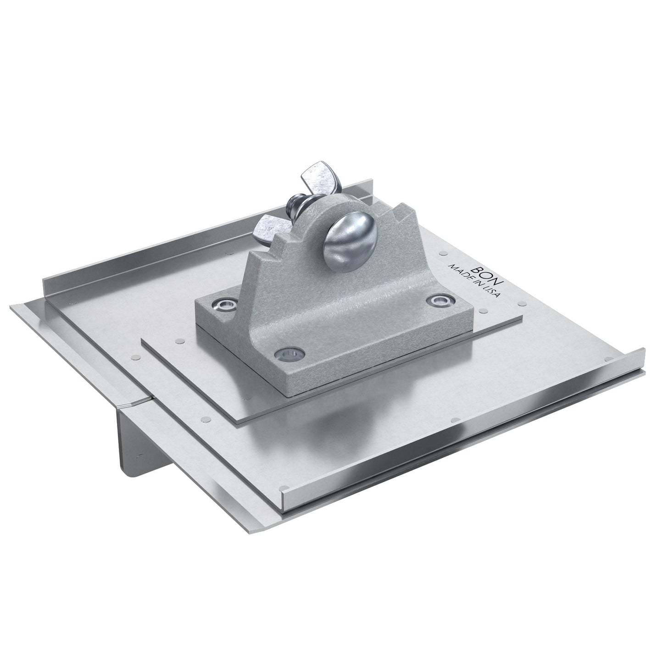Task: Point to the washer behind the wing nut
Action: (x=298, y=206)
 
